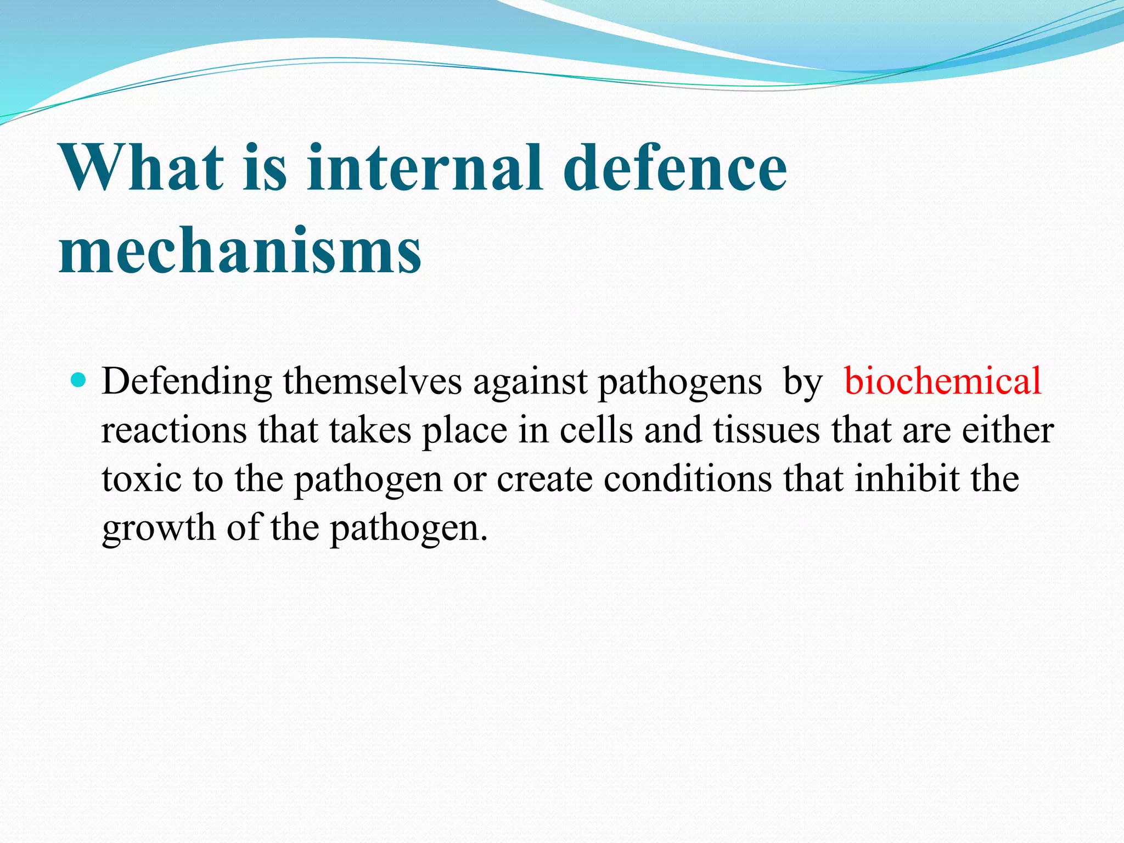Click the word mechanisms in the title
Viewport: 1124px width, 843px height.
(x=240, y=251)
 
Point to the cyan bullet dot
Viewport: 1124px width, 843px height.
(x=80, y=380)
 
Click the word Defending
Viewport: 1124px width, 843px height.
(x=187, y=382)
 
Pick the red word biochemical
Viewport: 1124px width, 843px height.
(x=942, y=381)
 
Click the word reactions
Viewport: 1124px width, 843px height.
(x=174, y=431)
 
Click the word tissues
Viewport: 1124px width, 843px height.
(x=767, y=431)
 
